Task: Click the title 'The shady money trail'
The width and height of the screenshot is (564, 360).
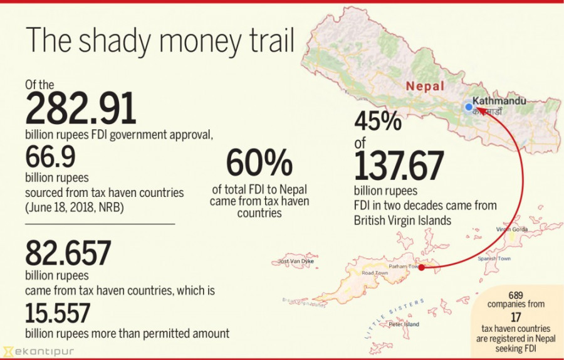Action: click(x=160, y=41)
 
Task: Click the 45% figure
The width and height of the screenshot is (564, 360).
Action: click(x=378, y=121)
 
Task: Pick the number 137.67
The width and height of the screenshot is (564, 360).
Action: click(x=399, y=164)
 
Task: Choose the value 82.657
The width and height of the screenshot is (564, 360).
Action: click(x=68, y=253)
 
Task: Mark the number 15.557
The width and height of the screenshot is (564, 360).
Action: click(x=58, y=312)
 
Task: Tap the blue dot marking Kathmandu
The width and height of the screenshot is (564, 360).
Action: click(x=467, y=107)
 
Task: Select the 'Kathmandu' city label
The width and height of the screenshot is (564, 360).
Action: click(x=499, y=100)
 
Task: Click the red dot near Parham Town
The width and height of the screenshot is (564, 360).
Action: click(x=422, y=268)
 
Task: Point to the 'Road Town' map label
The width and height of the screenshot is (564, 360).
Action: click(x=375, y=273)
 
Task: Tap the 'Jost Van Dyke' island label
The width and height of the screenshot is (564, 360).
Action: click(x=295, y=261)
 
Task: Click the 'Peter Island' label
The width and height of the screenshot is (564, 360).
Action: click(x=404, y=324)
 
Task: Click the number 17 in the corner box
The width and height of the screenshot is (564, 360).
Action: click(x=516, y=316)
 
